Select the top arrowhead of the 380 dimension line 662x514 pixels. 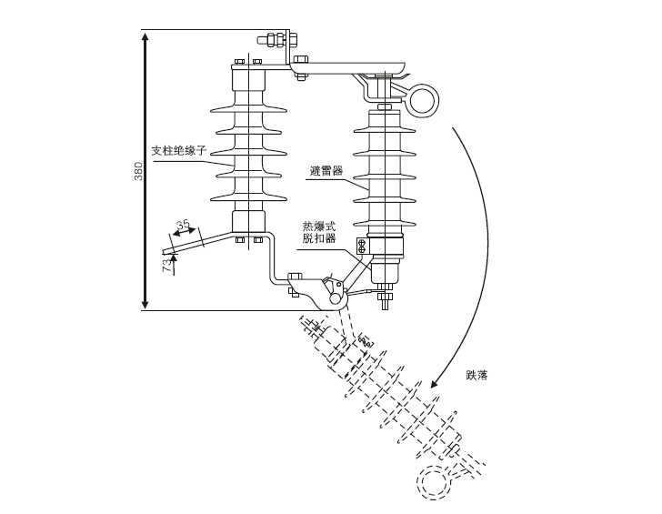145,36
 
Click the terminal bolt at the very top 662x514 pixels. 271,39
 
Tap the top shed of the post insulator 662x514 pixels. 248,112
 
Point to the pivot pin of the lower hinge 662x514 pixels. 335,297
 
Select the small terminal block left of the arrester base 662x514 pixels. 361,246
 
